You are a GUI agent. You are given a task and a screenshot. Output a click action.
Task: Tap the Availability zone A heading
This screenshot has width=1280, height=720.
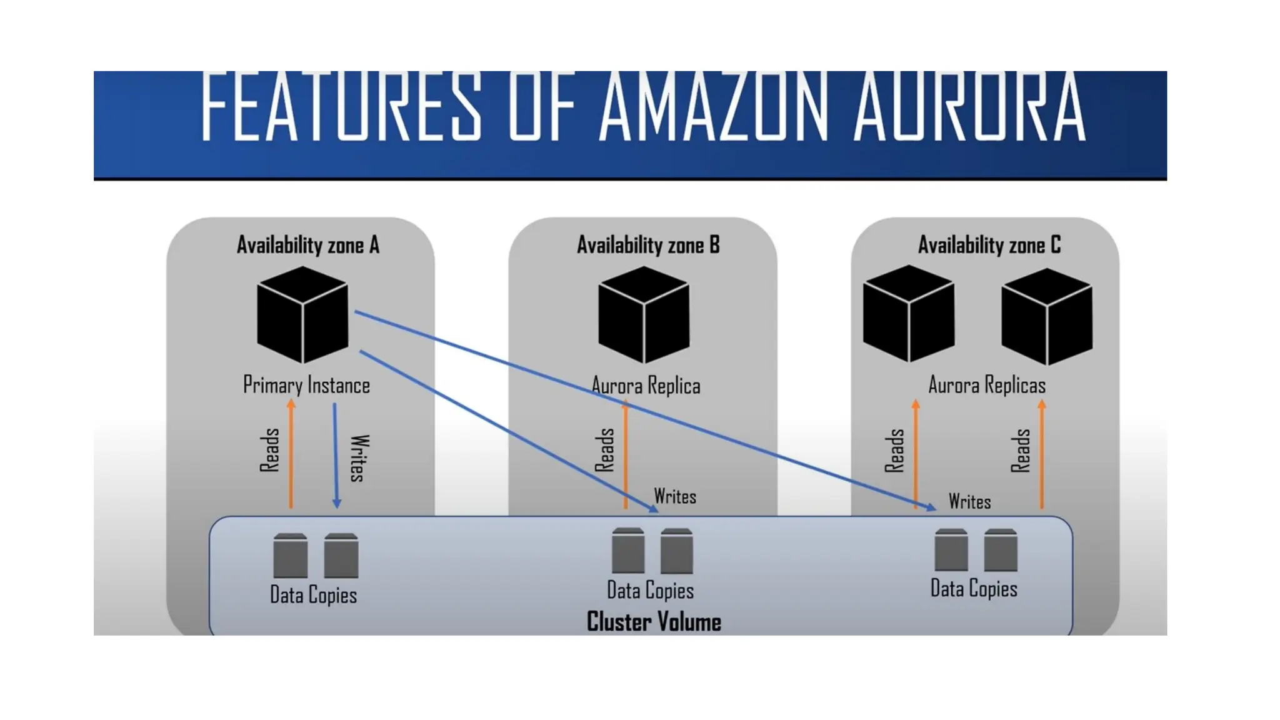coord(308,245)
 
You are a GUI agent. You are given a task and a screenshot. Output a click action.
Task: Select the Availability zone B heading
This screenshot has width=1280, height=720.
coord(648,245)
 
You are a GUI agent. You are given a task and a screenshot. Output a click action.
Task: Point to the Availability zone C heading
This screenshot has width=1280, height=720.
coord(989,245)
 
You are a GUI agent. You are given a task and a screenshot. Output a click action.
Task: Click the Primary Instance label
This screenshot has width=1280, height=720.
coord(306,385)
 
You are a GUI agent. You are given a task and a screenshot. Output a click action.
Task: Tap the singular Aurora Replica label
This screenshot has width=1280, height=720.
coord(646,386)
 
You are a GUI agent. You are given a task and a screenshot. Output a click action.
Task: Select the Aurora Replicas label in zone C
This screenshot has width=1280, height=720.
coord(986,385)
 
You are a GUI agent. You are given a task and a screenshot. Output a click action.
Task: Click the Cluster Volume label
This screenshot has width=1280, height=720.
coord(654,622)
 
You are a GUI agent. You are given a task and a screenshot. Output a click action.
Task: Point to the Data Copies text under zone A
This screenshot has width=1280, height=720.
coord(313,594)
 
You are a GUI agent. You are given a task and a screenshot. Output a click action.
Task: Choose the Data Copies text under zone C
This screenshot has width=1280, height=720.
coord(974,589)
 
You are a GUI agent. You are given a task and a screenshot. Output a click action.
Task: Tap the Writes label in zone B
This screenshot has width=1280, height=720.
coord(675,496)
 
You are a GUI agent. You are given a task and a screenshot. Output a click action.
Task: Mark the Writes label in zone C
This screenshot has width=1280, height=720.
coord(969,501)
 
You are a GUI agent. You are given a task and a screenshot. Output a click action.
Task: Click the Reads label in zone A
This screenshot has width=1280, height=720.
coord(269,450)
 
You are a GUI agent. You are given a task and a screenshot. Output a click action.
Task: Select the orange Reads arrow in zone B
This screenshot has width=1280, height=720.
coord(625,456)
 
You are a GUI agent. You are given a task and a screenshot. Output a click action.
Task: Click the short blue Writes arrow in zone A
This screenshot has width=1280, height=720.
coord(336,456)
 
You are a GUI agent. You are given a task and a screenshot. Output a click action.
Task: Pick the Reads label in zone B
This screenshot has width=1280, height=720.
coord(604,450)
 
